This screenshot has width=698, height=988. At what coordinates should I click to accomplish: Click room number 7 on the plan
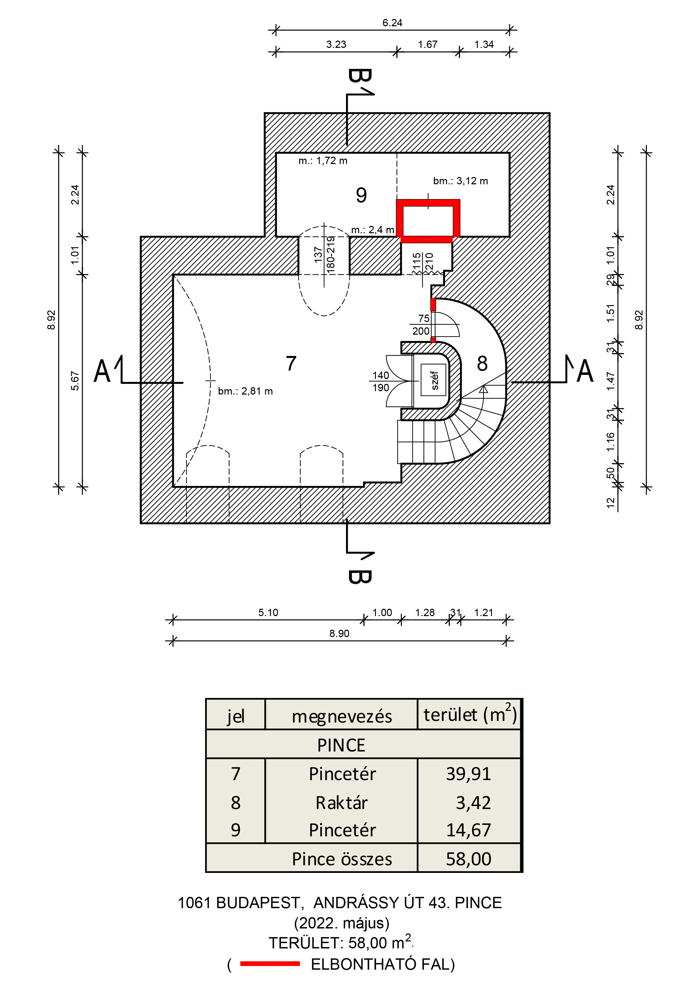point(291,364)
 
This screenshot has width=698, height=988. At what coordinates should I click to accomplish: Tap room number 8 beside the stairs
point(482,364)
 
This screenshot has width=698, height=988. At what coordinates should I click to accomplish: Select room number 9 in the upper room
point(361,195)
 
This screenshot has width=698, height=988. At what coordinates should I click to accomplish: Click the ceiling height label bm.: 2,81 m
point(245,391)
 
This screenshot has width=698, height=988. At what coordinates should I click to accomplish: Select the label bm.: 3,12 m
point(460,181)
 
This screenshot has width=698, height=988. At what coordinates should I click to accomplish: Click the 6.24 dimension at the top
point(392,23)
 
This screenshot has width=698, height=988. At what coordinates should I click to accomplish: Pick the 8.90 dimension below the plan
point(339,633)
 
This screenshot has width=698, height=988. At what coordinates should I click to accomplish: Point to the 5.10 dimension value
point(268,612)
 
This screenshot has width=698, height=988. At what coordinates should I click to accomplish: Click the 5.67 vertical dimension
point(75,381)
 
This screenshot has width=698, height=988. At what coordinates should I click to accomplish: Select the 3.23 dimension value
point(336,44)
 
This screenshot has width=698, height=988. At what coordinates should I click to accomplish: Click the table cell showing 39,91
point(468,774)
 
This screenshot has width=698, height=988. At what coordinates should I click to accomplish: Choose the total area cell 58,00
point(468,859)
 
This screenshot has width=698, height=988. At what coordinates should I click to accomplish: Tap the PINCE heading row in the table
point(341,745)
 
